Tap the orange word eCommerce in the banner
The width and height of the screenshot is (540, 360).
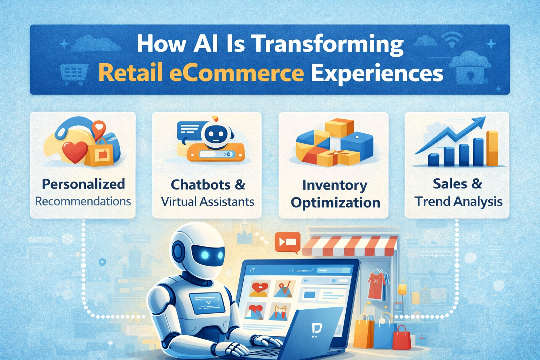pos(236,73)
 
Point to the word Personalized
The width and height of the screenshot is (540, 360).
pos(83,184)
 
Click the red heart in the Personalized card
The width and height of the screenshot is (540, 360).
pos(74,151)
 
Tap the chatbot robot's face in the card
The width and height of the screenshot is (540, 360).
pos(214,134)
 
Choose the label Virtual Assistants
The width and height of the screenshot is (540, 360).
pos(207,201)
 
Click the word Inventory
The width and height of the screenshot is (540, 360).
pos(334,185)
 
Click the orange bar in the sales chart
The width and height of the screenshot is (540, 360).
pos(492,148)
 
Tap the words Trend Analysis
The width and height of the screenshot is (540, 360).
pos(458,201)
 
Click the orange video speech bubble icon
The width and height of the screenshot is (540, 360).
pos(287,242)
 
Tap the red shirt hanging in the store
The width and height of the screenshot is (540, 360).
pos(375,286)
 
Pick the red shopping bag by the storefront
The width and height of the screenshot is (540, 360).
pos(401,337)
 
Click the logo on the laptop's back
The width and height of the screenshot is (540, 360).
pos(317,330)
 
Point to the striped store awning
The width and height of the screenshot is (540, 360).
pos(349,246)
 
